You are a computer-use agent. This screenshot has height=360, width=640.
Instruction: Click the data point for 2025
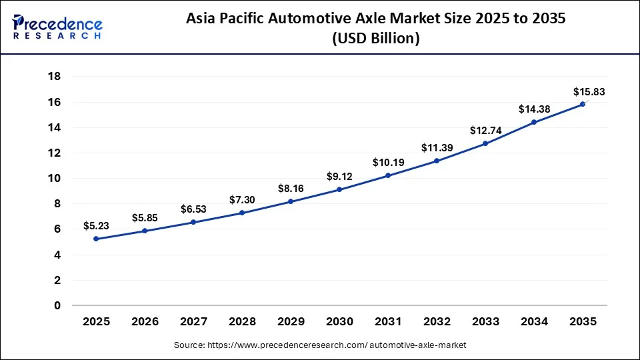point(96,239)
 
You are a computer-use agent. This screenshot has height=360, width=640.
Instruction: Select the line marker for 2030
point(339,189)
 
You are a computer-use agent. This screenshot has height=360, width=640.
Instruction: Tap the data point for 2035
point(582,104)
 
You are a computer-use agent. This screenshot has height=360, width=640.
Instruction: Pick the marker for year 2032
point(437,161)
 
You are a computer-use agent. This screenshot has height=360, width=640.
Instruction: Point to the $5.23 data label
point(96,226)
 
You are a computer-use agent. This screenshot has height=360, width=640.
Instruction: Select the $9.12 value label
point(339,177)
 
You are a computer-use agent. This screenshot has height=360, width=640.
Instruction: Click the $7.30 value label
point(242,200)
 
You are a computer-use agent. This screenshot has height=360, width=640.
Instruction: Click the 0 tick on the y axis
point(57,305)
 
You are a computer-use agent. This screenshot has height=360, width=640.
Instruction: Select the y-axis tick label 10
point(54,178)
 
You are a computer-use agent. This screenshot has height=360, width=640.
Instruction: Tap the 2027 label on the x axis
point(193,322)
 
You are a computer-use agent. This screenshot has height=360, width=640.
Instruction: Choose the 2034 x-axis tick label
point(533,322)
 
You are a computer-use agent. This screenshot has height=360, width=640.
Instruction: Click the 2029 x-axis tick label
point(291,322)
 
